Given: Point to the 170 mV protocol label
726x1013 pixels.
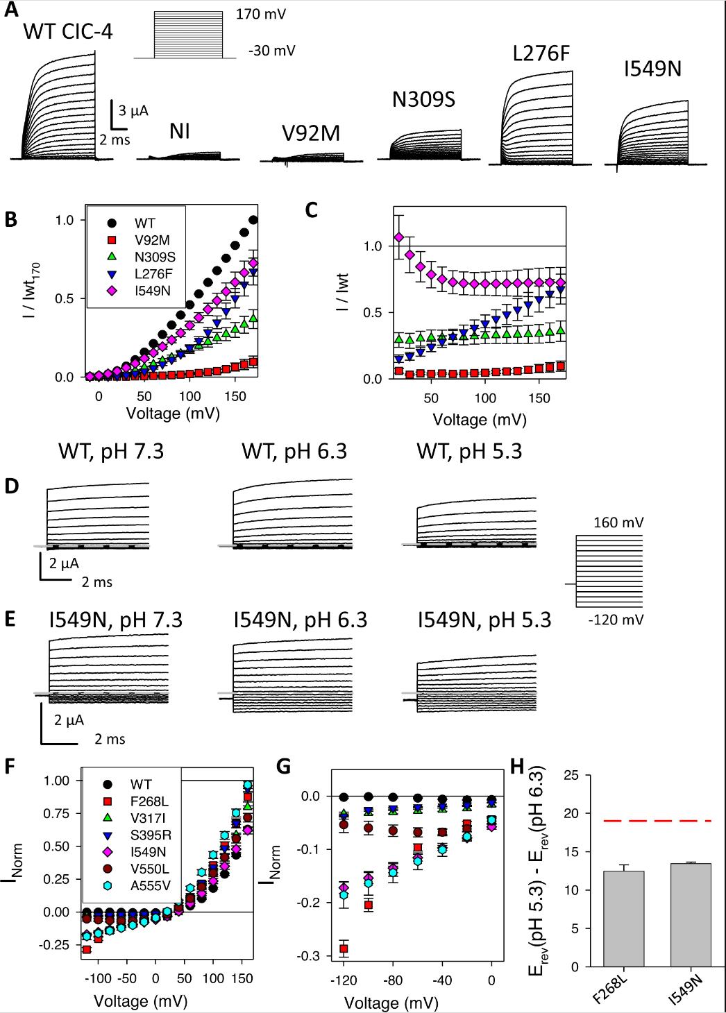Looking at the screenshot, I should [x=260, y=12].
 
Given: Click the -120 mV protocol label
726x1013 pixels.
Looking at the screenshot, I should [x=611, y=620].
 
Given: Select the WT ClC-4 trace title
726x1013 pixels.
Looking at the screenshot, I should [x=68, y=31].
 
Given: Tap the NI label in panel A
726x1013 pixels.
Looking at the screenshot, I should [x=179, y=130].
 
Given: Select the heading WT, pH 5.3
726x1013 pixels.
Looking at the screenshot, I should [x=469, y=451].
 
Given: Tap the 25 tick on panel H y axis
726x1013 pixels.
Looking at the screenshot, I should [x=554, y=775].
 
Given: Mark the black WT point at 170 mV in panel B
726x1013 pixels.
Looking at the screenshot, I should [x=253, y=220].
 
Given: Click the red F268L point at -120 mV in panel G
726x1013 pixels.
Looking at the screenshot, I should [x=344, y=948].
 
